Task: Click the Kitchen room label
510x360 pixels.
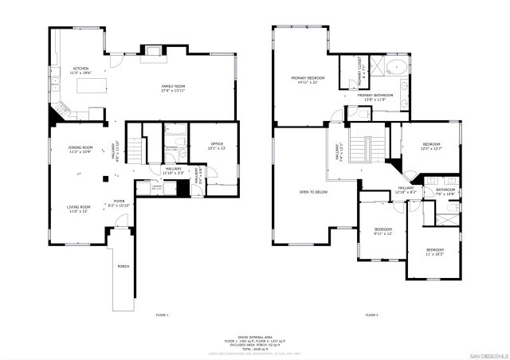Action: coord(81,70)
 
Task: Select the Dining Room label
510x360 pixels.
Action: coord(81,149)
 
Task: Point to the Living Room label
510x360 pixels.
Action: coord(78,208)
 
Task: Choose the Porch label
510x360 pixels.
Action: coord(124,266)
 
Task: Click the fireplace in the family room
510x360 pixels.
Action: coord(151,53)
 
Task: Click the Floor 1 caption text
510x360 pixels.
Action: coord(162,316)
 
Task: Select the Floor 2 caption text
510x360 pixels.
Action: coord(371,316)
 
